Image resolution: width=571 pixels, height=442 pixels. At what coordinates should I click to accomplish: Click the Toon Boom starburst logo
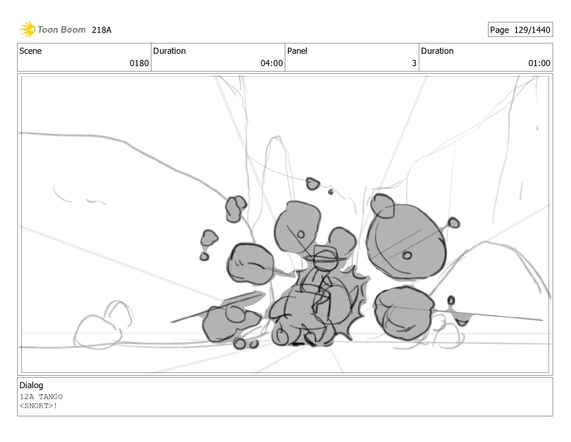27,30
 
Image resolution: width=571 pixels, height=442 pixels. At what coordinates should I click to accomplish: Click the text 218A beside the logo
101,30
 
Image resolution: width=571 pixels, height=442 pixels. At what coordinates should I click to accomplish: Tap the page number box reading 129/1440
520,30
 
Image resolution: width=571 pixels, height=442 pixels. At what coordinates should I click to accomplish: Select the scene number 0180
139,63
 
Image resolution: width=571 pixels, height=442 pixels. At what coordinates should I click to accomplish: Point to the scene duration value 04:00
271,63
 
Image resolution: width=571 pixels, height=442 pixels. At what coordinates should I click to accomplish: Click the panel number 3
414,63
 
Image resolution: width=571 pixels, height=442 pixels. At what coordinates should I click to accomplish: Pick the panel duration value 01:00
539,63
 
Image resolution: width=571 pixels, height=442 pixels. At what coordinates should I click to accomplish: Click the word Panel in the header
297,51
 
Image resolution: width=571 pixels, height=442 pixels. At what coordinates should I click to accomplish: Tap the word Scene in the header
31,51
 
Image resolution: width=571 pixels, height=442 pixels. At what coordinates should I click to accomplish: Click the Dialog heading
31,385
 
